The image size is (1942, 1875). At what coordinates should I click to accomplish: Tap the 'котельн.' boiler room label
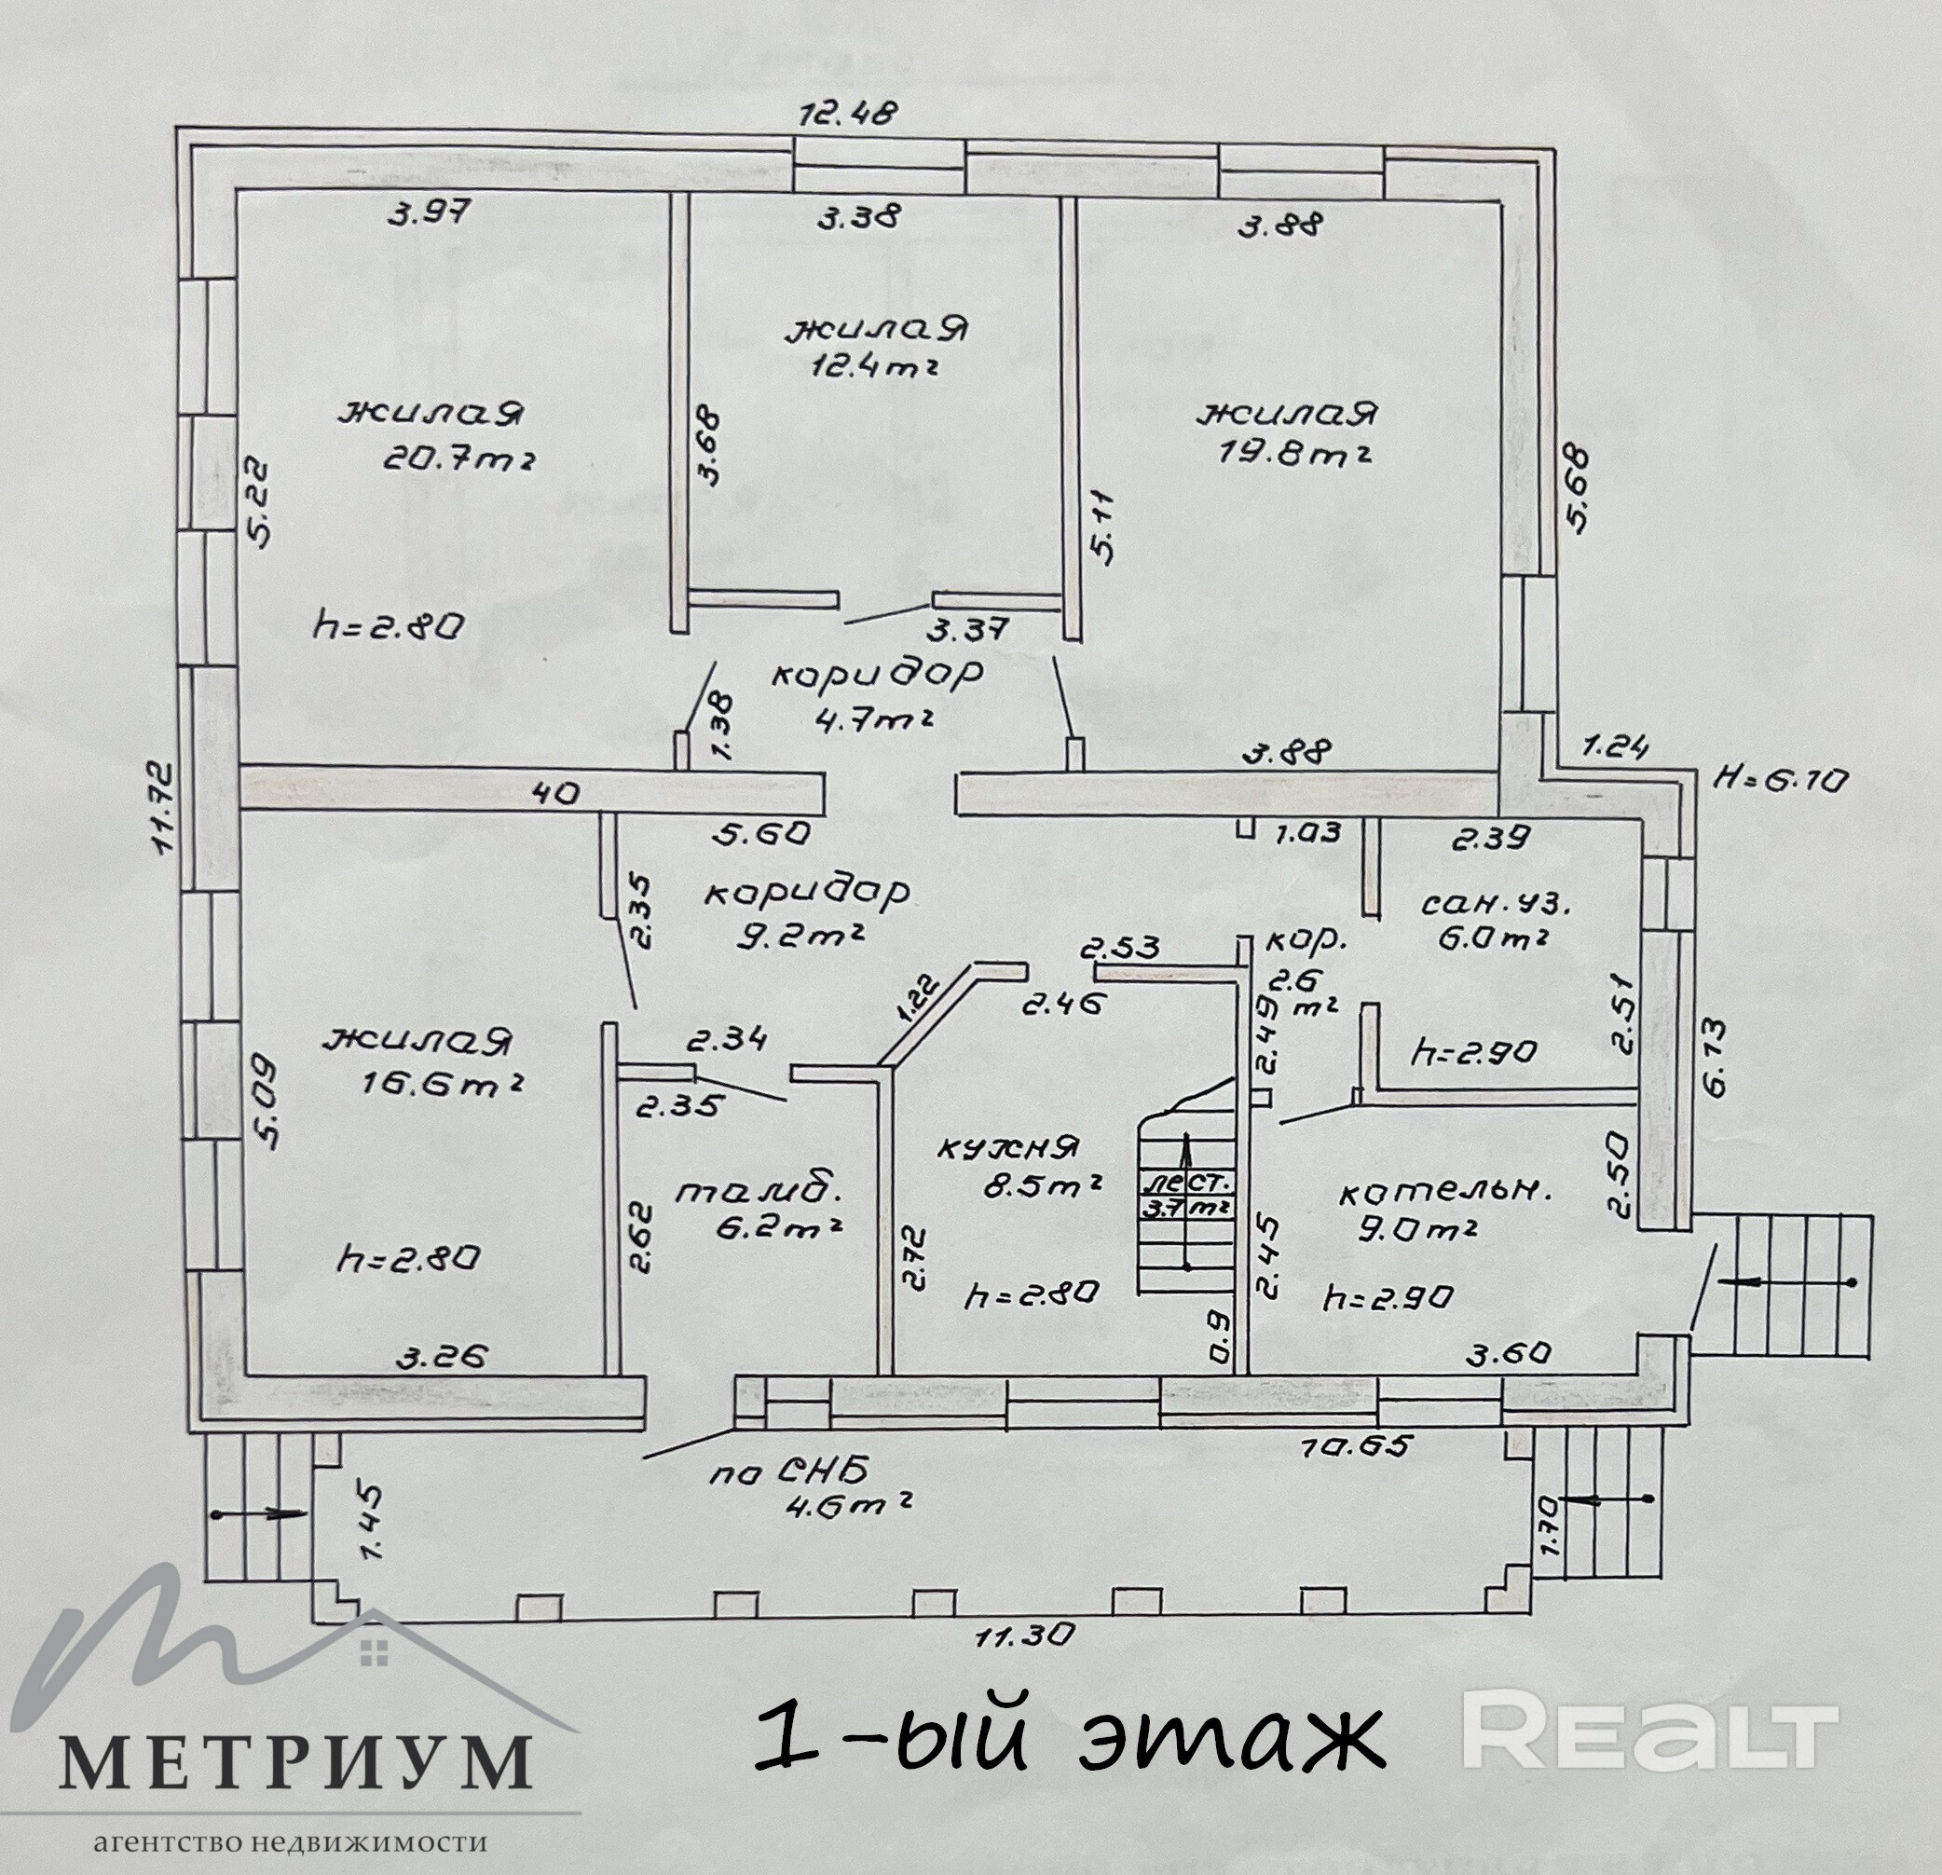1443,1193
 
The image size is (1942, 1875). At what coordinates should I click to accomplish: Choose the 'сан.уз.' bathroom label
1497,904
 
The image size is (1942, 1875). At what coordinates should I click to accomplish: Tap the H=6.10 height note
1781,780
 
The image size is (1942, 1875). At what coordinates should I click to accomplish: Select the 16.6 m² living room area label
444,1083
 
